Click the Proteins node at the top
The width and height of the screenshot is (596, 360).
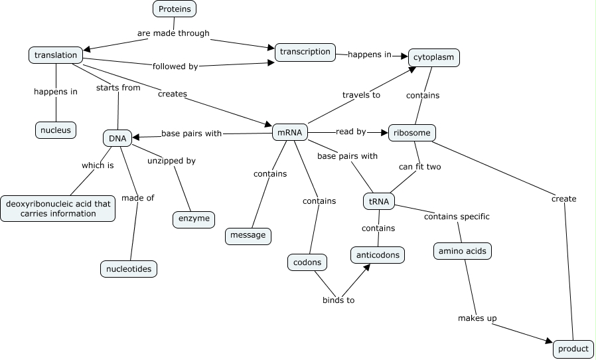tap(175, 9)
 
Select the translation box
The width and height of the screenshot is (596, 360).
tap(56, 55)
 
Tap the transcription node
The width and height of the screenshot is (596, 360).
tap(305, 52)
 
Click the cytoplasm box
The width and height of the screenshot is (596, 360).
tap(434, 58)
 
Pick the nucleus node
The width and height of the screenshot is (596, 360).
tap(56, 130)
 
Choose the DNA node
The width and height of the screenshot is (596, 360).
tap(117, 138)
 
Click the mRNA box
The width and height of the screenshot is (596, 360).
tap(290, 133)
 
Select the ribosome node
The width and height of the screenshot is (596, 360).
tap(411, 133)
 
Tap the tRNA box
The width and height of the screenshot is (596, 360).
tap(379, 201)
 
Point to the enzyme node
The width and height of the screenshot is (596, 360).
tap(194, 219)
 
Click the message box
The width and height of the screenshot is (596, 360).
tap(248, 235)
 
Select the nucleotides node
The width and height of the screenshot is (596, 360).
tap(129, 268)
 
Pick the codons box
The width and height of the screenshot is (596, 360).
tap(307, 262)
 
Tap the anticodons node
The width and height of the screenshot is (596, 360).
tap(378, 254)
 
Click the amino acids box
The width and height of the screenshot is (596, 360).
tap(463, 251)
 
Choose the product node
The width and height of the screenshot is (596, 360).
tap(573, 349)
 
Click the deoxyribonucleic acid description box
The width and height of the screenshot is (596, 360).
tap(58, 209)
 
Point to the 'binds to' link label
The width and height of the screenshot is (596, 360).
tap(338, 300)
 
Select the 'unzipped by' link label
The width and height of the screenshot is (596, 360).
tap(171, 161)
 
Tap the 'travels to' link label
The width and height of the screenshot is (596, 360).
tap(361, 95)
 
